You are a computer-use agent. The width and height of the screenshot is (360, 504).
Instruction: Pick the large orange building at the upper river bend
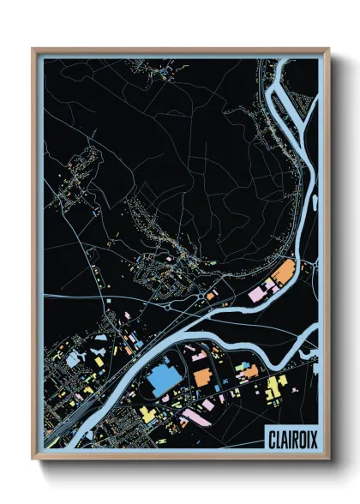point(283,273)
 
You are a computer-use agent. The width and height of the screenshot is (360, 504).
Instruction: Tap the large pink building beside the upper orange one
point(258,294)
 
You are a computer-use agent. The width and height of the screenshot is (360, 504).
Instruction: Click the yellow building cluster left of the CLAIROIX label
point(274,387)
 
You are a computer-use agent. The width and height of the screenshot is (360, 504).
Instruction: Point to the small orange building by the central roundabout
point(211,296)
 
